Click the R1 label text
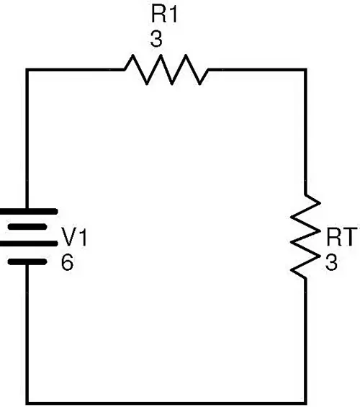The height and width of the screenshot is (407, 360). coord(164,15)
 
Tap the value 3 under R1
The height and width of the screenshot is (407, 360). coord(156,39)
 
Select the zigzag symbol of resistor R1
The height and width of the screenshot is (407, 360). coord(166,70)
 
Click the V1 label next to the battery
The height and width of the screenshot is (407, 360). coord(74,237)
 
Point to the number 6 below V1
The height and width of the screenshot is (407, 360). coord(68,262)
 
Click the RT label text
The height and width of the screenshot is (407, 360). coord(343,237)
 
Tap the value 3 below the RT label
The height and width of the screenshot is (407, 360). coord(331,262)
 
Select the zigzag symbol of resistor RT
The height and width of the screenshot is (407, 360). coord(305,237)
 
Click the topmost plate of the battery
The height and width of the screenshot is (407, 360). coord(28,212)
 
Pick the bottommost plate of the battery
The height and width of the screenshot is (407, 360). coord(27,262)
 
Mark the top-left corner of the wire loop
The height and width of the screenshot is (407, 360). coord(27,70)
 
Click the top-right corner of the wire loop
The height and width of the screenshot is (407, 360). coord(305,70)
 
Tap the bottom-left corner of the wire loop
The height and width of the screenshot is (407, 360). coord(27,403)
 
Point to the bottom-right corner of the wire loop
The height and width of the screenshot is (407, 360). coord(305,403)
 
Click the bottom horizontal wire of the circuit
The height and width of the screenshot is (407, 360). coord(166,403)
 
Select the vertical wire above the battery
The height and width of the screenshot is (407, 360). coord(27,139)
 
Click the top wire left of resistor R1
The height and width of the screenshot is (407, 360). coord(75,70)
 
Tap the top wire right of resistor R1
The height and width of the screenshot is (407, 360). coord(257,70)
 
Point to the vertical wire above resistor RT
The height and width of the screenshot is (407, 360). coord(305,132)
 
